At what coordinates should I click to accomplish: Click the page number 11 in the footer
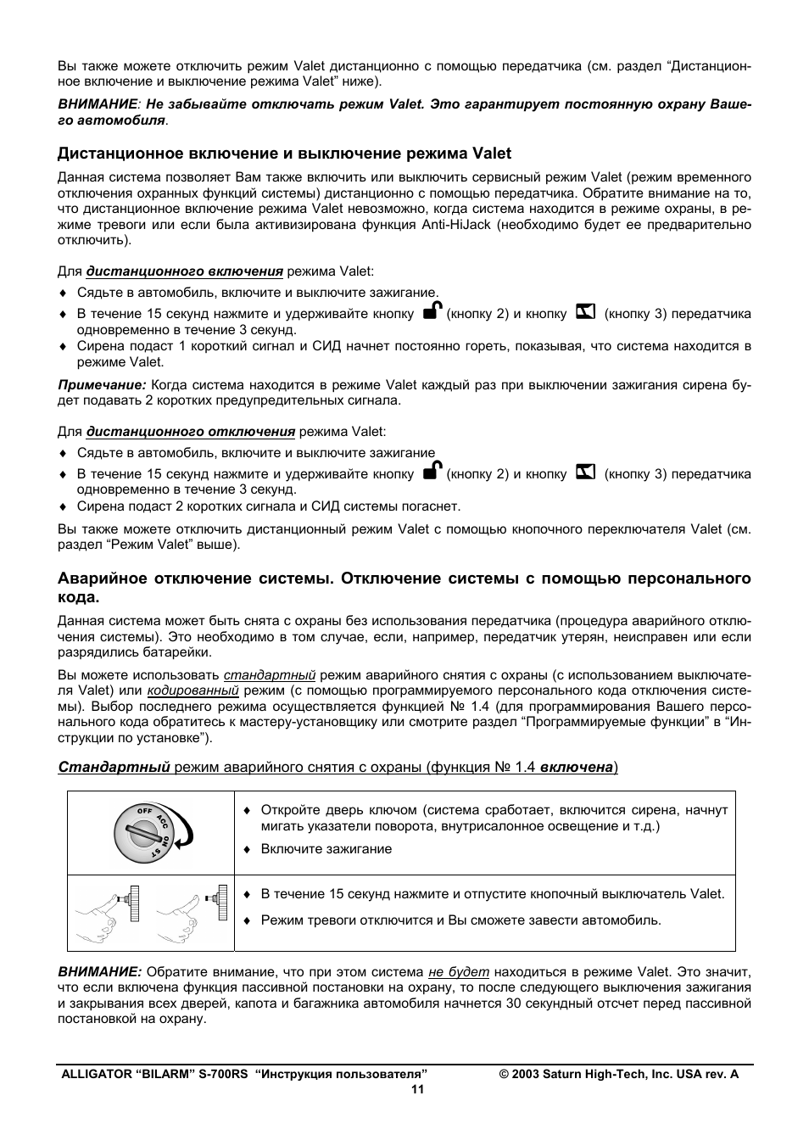click(417, 1090)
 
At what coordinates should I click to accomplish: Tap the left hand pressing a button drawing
click(108, 913)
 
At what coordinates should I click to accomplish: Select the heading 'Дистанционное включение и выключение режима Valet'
click(284, 154)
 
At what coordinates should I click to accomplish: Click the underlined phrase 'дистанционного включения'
click(184, 271)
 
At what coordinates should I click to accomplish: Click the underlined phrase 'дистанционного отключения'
click(190, 432)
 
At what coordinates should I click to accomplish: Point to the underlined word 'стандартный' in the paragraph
click(270, 675)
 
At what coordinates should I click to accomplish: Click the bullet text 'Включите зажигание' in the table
click(326, 849)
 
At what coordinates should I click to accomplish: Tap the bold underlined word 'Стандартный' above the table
click(114, 767)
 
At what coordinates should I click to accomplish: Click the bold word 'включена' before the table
click(577, 767)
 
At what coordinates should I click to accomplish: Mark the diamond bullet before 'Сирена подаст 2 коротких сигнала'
click(62, 507)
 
